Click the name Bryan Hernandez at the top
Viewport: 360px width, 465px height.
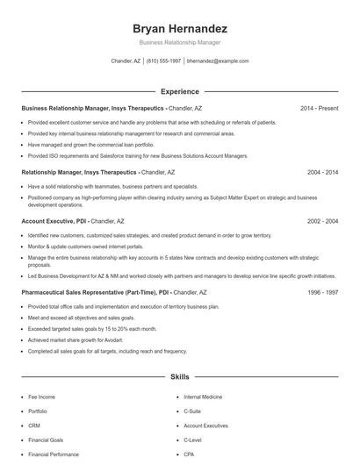[180, 28]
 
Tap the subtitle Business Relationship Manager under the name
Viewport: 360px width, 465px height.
[180, 42]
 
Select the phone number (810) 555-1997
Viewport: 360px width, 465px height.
[164, 61]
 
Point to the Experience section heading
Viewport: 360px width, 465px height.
[180, 91]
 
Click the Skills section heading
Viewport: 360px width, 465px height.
[180, 377]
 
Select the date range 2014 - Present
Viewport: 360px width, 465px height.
[319, 108]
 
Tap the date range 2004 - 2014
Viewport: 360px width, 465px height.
[322, 173]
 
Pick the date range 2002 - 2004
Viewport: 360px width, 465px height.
[322, 222]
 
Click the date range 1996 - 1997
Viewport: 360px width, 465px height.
[322, 291]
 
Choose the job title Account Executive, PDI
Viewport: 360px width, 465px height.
[54, 222]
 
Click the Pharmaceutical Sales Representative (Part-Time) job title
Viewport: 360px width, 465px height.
[88, 291]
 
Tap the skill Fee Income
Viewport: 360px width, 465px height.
[42, 397]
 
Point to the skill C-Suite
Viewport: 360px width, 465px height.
[192, 411]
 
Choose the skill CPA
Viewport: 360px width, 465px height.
[189, 454]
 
